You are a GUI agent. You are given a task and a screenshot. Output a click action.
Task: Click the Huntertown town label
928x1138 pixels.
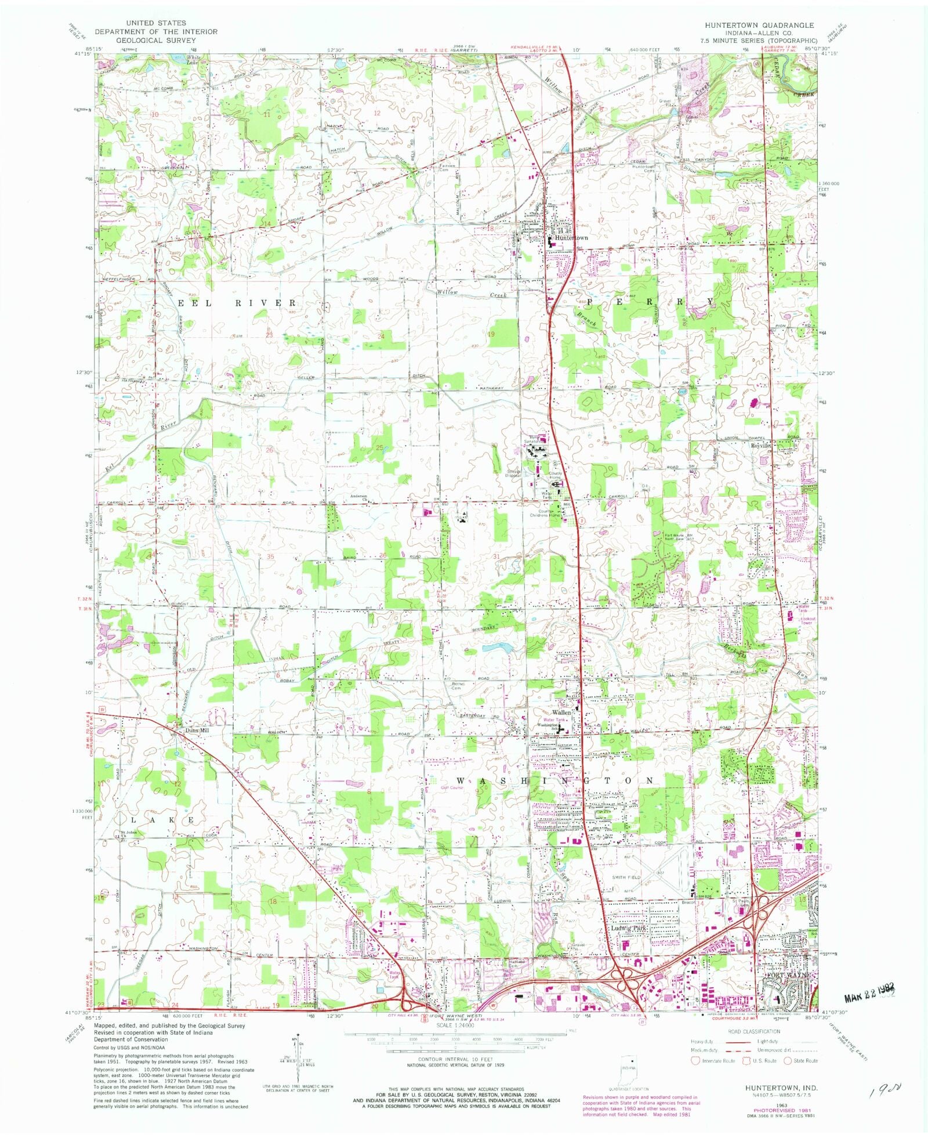(571, 238)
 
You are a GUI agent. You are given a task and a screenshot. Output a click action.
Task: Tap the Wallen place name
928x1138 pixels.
(561, 712)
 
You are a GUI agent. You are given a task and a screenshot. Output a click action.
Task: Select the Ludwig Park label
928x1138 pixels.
(628, 929)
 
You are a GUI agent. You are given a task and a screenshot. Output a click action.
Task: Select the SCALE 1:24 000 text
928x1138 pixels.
(455, 1025)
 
